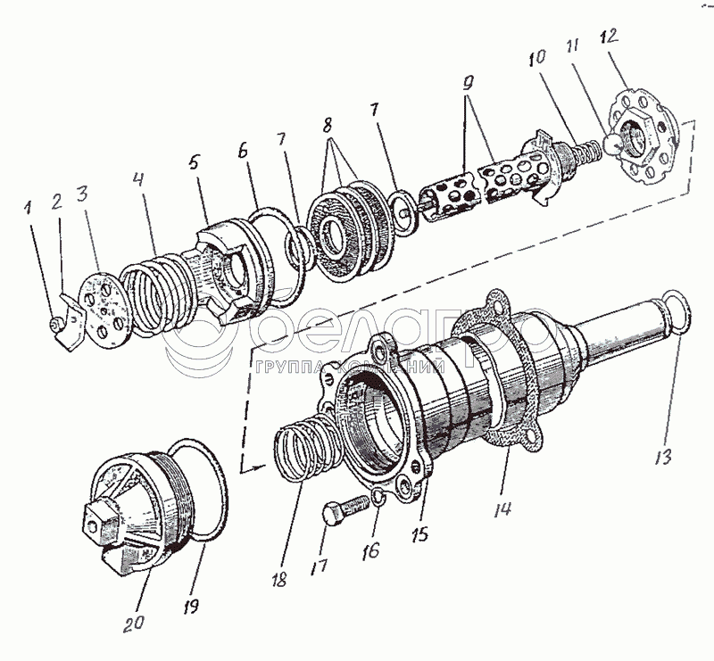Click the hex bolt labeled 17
345,508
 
